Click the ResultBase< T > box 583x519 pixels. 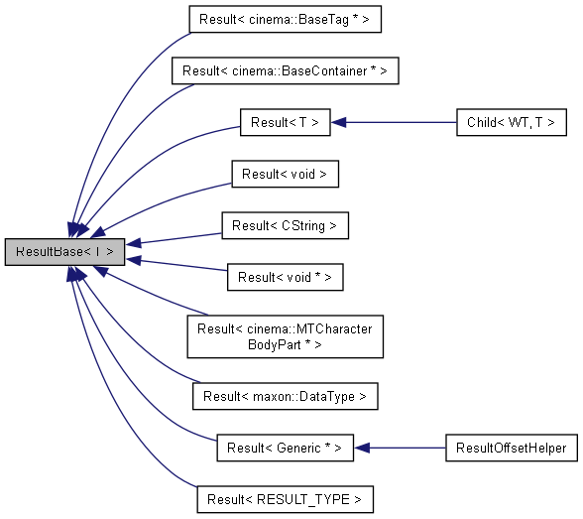tap(65, 252)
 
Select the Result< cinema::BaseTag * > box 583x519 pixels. tap(285, 19)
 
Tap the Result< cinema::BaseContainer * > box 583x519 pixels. tap(285, 71)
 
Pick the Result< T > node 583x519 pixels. tap(285, 123)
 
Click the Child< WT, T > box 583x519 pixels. tap(511, 123)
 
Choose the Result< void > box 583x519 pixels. tap(285, 175)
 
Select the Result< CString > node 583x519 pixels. tap(285, 226)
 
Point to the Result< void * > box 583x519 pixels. tap(285, 278)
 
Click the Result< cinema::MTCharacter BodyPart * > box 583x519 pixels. tap(285, 337)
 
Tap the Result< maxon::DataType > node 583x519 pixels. tap(285, 396)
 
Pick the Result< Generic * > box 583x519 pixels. tap(285, 448)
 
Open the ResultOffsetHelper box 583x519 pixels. tap(511, 448)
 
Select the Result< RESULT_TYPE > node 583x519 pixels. tap(285, 499)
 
